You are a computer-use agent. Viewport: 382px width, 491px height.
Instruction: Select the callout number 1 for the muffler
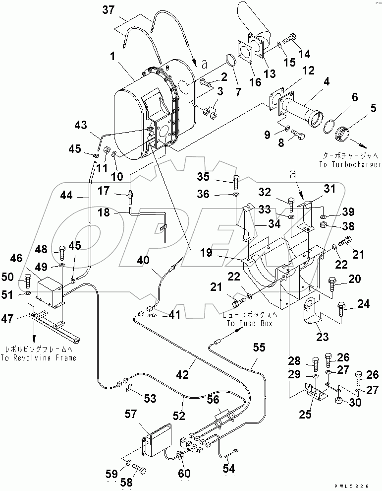point(113,58)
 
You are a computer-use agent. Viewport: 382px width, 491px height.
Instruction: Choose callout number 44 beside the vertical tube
point(65,197)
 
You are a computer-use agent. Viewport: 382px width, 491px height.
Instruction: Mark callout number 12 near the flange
point(309,71)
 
